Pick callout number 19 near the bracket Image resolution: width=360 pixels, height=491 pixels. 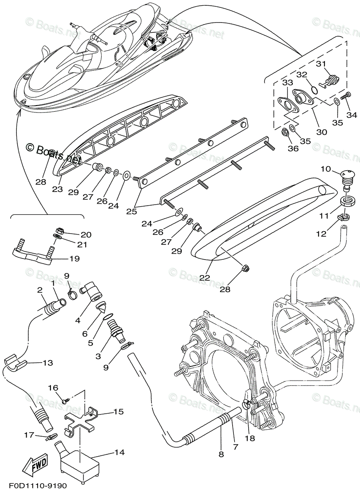75,259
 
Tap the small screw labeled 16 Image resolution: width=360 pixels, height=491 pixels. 64,402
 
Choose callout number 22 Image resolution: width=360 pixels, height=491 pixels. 205,277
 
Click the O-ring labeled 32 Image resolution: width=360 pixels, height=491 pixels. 314,90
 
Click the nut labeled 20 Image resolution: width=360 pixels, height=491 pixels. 59,231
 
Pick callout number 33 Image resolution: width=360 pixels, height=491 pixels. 288,82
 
